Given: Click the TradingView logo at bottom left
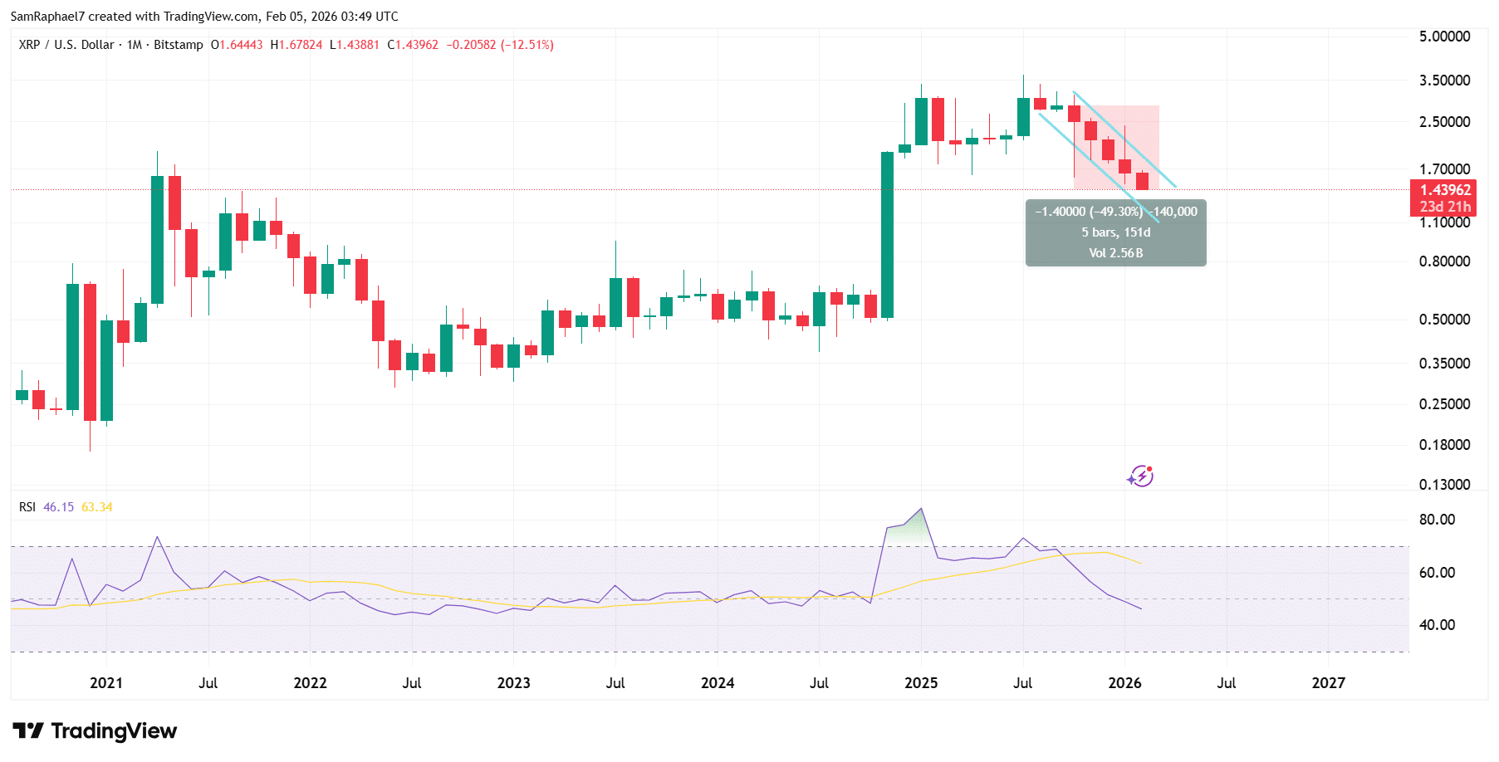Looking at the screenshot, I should click(95, 730).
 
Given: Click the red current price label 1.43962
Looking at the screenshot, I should click(1445, 190).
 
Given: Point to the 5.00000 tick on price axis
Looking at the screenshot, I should click(1444, 37).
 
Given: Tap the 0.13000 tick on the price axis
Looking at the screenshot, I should click(1444, 485).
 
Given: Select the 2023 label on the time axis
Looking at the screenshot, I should click(513, 683).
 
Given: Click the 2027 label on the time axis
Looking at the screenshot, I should click(1328, 683).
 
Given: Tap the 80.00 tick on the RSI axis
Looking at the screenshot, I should click(1437, 520).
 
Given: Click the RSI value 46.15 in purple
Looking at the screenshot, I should click(58, 507).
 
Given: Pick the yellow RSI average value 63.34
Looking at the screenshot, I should click(97, 507).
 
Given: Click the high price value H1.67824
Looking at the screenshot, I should click(296, 45).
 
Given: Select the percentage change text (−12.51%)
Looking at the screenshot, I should click(527, 45).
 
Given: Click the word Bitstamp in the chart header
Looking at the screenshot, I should click(178, 45).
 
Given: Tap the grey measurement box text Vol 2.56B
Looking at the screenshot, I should click(1115, 253).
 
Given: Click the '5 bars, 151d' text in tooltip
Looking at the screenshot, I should click(1115, 232).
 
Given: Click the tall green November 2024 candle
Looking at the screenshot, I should click(887, 235).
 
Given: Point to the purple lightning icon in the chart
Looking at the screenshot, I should click(1140, 476).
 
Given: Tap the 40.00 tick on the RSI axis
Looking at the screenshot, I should click(1437, 625).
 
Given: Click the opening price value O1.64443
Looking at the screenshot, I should click(237, 45).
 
